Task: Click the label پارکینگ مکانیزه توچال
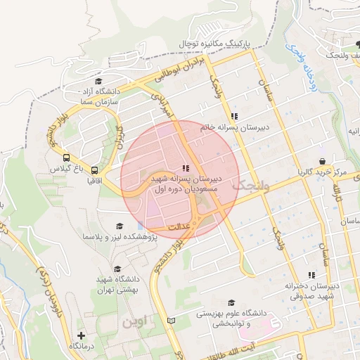click(x=214, y=44)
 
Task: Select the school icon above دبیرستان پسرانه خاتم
click(x=233, y=116)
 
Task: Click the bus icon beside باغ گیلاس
click(x=66, y=158)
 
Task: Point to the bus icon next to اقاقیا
click(x=94, y=169)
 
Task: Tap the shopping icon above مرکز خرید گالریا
click(x=321, y=161)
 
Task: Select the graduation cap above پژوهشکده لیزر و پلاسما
click(x=119, y=226)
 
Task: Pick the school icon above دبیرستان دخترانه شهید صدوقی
click(x=311, y=275)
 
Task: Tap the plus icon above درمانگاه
click(x=82, y=335)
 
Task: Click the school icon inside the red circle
click(x=185, y=169)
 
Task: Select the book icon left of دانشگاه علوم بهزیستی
click(x=171, y=321)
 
